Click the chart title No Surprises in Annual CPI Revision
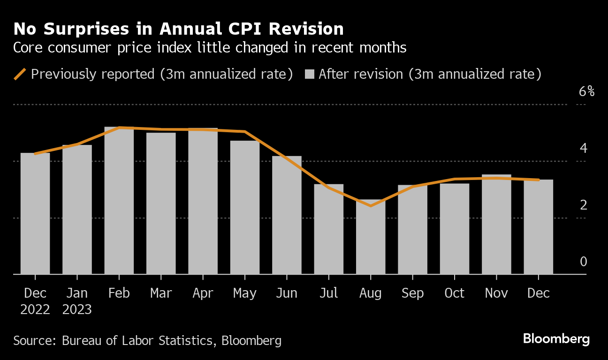178,29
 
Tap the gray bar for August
371,237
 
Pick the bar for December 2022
35,213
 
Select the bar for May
245,207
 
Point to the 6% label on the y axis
586,91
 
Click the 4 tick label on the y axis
583,149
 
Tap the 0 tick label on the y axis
583,262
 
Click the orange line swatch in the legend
20,74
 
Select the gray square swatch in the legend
309,74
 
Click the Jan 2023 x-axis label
77,301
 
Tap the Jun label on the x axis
287,293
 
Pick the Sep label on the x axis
412,293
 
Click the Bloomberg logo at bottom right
556,339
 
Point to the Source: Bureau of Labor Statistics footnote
147,340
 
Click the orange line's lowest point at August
371,206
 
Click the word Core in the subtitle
28,48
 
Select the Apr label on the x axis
203,293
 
